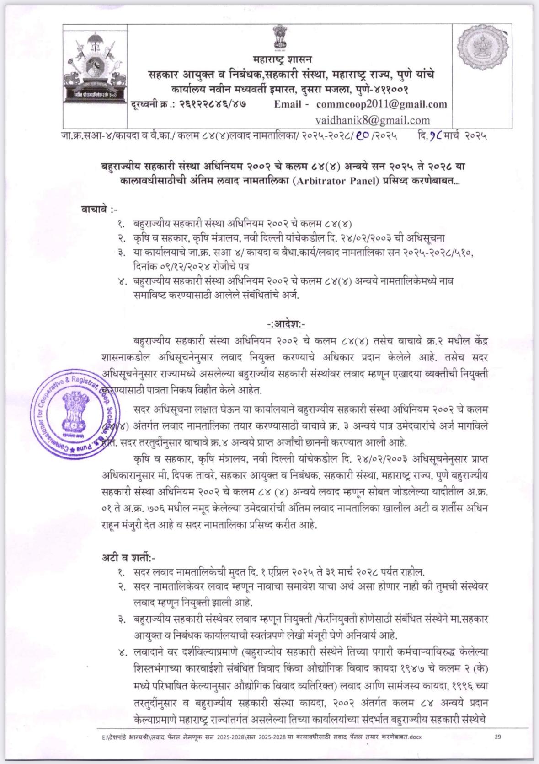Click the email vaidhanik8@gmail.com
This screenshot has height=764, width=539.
373,120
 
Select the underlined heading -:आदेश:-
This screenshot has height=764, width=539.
286,324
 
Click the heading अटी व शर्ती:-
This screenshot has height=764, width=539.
128,557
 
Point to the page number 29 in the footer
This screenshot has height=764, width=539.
498,736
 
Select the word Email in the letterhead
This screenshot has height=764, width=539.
288,104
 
